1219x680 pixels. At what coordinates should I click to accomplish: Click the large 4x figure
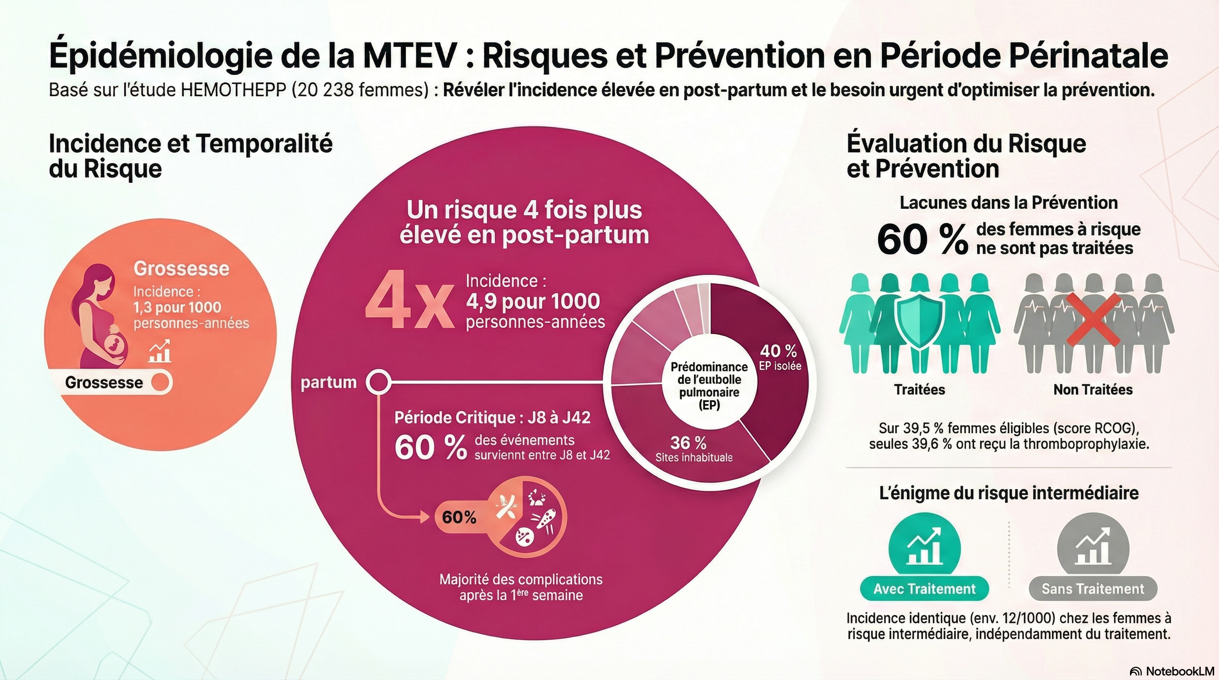click(x=409, y=301)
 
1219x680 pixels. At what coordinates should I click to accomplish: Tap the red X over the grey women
click(x=1093, y=319)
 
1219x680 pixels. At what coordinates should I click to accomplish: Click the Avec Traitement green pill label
click(x=924, y=589)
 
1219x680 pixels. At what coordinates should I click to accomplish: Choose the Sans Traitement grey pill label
click(x=1093, y=589)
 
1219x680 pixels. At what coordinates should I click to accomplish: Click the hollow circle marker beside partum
click(x=379, y=382)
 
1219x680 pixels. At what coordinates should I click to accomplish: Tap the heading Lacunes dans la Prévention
click(x=1009, y=202)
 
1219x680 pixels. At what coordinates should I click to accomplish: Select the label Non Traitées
click(x=1093, y=390)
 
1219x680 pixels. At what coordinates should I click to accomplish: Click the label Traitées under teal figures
click(x=919, y=390)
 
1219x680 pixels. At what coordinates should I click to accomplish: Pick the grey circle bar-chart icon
click(x=1093, y=549)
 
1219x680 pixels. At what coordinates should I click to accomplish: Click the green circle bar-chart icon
click(x=924, y=549)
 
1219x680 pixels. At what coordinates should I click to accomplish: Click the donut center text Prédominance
click(x=709, y=367)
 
